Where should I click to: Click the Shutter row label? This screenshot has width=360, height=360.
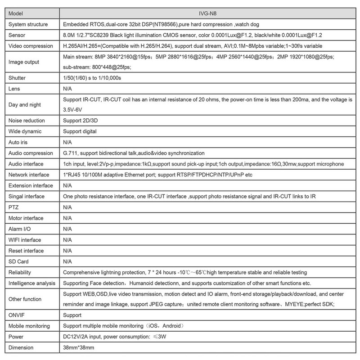pos(18,78)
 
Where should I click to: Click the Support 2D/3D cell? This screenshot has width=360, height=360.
pos(82,121)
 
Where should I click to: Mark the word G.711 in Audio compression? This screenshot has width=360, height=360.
pos(71,153)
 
